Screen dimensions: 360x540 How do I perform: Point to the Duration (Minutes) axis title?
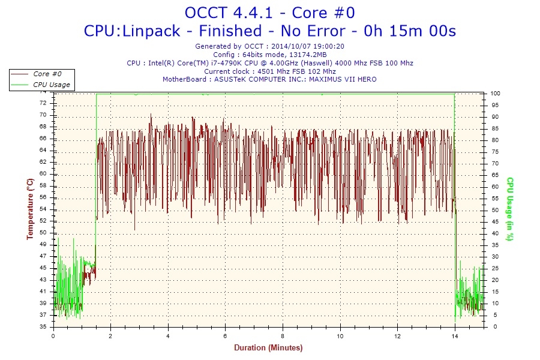pyautogui.click(x=268, y=347)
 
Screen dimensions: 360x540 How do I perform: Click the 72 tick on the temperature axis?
pyautogui.click(x=43, y=103)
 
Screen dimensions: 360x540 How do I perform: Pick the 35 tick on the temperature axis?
pyautogui.click(x=43, y=327)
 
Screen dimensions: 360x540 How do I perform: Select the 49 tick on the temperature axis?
pyautogui.click(x=43, y=244)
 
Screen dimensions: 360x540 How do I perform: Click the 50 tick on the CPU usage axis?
pyautogui.click(x=494, y=210)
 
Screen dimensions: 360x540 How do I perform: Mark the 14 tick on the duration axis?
pyautogui.click(x=455, y=336)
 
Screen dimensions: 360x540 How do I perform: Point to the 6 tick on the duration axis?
pyautogui.click(x=226, y=336)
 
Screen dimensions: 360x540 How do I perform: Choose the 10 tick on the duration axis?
pyautogui.click(x=340, y=336)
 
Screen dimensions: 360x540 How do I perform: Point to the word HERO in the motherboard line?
pyautogui.click(x=367, y=79)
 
